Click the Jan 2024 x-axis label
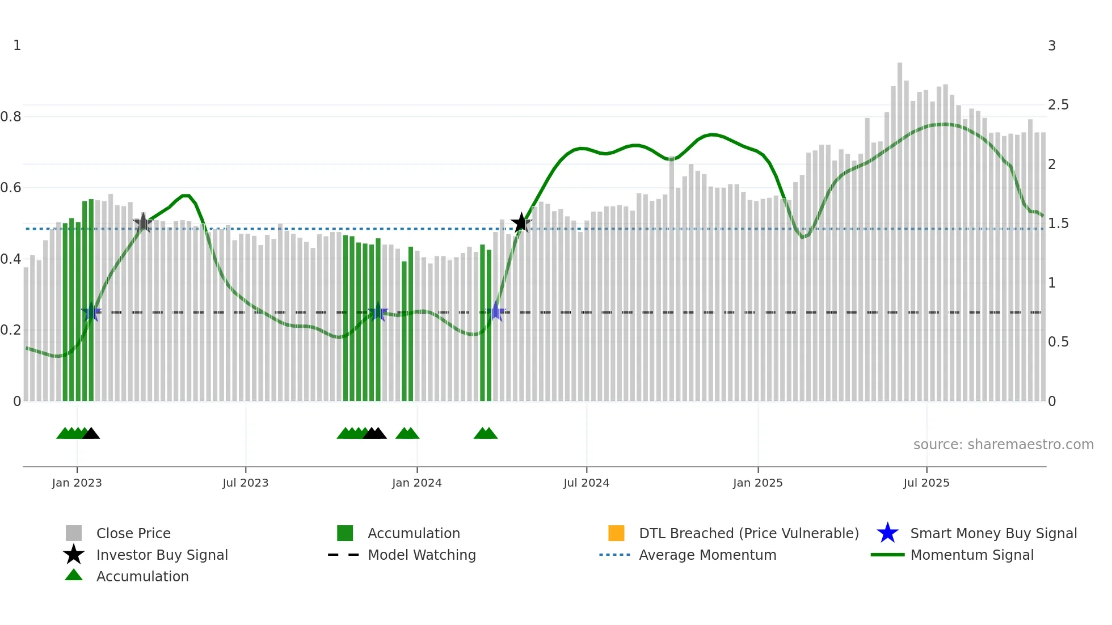pos(416,483)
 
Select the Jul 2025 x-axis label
pos(926,483)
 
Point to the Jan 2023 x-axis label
pos(77,483)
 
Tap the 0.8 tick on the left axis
pos(11,117)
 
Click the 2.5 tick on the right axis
pos(1058,105)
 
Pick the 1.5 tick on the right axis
pos(1058,223)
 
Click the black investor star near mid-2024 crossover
pos(521,223)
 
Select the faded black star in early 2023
pos(143,223)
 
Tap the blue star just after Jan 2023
pos(91,312)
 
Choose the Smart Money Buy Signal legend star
pos(887,533)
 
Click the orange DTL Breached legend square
pos(616,533)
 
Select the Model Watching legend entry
pos(422,555)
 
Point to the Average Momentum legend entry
pos(707,555)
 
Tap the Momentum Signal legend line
pos(887,555)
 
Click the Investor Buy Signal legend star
pos(74,555)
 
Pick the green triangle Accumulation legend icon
pos(74,576)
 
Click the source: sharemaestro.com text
pos(1003,445)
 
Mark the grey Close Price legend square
pos(74,533)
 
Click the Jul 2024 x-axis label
pos(586,483)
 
